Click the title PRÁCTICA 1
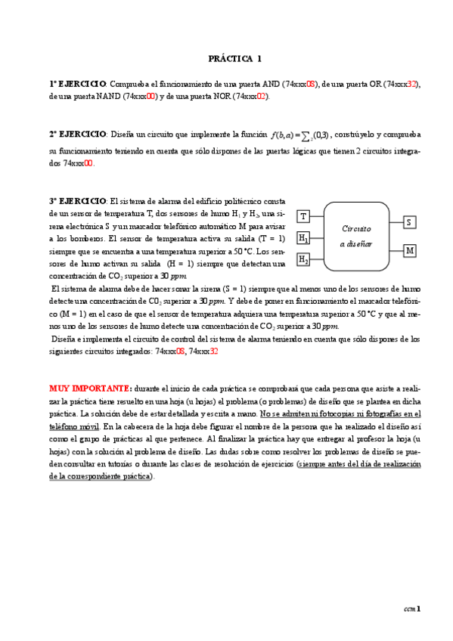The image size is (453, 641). coord(235,58)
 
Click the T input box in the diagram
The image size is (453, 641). coord(303,217)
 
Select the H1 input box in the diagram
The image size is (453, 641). coord(303,239)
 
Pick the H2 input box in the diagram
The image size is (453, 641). coord(303,260)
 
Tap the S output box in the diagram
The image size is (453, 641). coord(409,222)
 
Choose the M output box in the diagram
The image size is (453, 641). coord(409,250)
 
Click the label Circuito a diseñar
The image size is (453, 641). coord(356,236)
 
